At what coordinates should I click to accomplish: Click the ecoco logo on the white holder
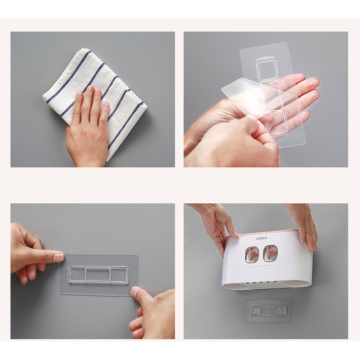click(262, 238)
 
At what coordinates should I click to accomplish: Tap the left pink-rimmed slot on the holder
click(251, 254)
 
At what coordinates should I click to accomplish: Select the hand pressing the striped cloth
click(89, 129)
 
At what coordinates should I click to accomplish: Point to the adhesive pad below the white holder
click(268, 311)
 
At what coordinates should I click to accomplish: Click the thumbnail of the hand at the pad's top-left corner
click(58, 258)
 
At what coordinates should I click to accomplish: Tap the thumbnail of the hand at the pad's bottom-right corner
click(135, 292)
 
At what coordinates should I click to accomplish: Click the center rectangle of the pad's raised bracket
click(97, 274)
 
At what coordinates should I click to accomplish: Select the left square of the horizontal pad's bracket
click(77, 274)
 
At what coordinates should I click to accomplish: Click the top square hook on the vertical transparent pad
click(266, 69)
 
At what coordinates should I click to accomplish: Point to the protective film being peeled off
click(259, 96)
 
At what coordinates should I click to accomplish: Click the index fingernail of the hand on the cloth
click(90, 89)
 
